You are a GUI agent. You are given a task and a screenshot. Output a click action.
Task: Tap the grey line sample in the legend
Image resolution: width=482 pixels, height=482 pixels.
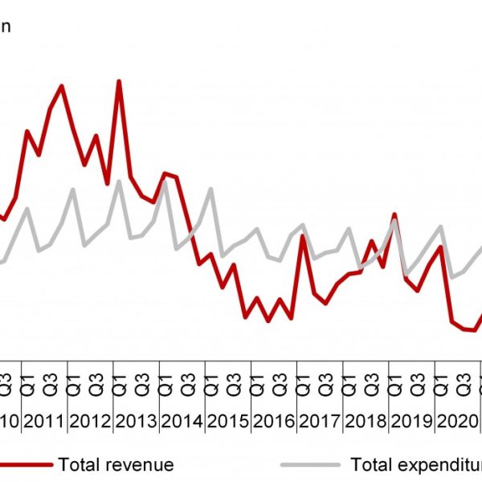point(310,464)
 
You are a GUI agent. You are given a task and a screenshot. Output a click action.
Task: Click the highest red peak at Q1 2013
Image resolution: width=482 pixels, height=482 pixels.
point(119,81)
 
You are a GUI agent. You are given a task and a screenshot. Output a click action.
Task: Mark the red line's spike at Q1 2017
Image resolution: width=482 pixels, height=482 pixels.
point(303,235)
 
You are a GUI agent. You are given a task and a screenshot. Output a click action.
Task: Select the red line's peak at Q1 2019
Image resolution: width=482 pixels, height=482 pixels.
point(394,214)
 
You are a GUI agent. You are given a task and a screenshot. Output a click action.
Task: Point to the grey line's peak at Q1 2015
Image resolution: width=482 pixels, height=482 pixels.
point(210,189)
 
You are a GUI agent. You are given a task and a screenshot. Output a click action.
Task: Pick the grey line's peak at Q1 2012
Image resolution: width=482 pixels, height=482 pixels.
point(73,190)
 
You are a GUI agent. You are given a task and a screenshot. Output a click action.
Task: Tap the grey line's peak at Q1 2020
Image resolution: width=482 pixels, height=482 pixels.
point(440,227)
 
